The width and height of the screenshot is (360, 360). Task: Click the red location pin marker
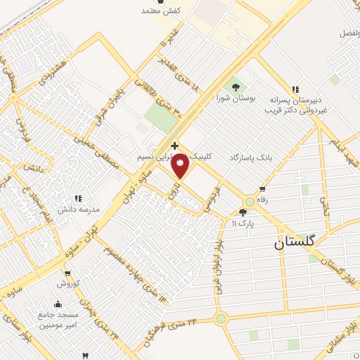tap(181, 166)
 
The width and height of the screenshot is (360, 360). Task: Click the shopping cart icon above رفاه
tap(263, 189)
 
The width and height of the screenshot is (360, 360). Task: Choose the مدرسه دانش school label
tap(79, 210)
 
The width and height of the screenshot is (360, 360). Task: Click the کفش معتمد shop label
tap(162, 10)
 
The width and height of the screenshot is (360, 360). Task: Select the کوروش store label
tap(67, 283)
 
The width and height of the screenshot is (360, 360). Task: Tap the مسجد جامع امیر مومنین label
tap(58, 320)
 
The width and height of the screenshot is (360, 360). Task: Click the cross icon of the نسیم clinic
tap(174, 146)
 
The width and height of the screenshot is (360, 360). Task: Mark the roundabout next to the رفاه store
tap(248, 200)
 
